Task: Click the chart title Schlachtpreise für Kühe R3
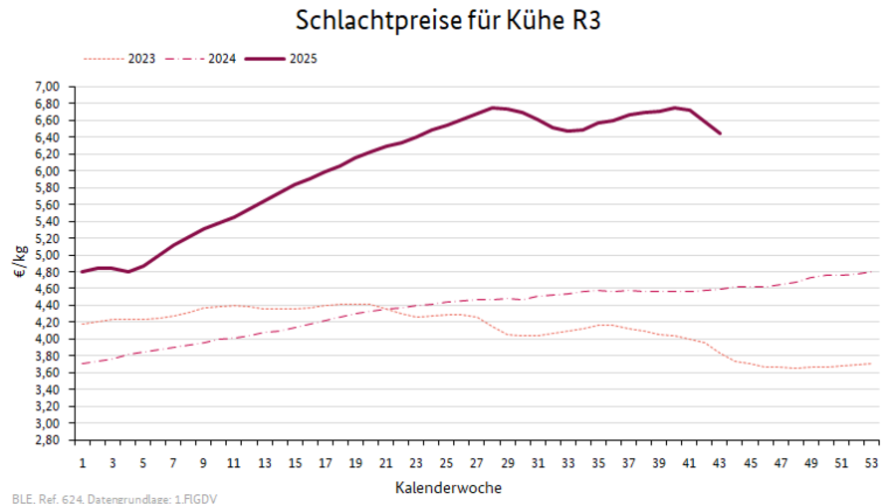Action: coord(448,20)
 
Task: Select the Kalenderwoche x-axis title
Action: coord(448,488)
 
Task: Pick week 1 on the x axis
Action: coord(83,463)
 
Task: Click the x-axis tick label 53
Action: coord(872,463)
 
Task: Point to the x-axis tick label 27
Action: coord(478,463)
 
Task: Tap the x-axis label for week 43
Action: coord(720,463)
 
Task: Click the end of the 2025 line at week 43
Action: coord(720,132)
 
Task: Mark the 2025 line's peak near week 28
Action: coord(493,108)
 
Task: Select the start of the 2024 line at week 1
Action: coord(83,364)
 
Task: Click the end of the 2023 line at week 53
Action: coord(872,364)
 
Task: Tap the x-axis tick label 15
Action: coord(296,463)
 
